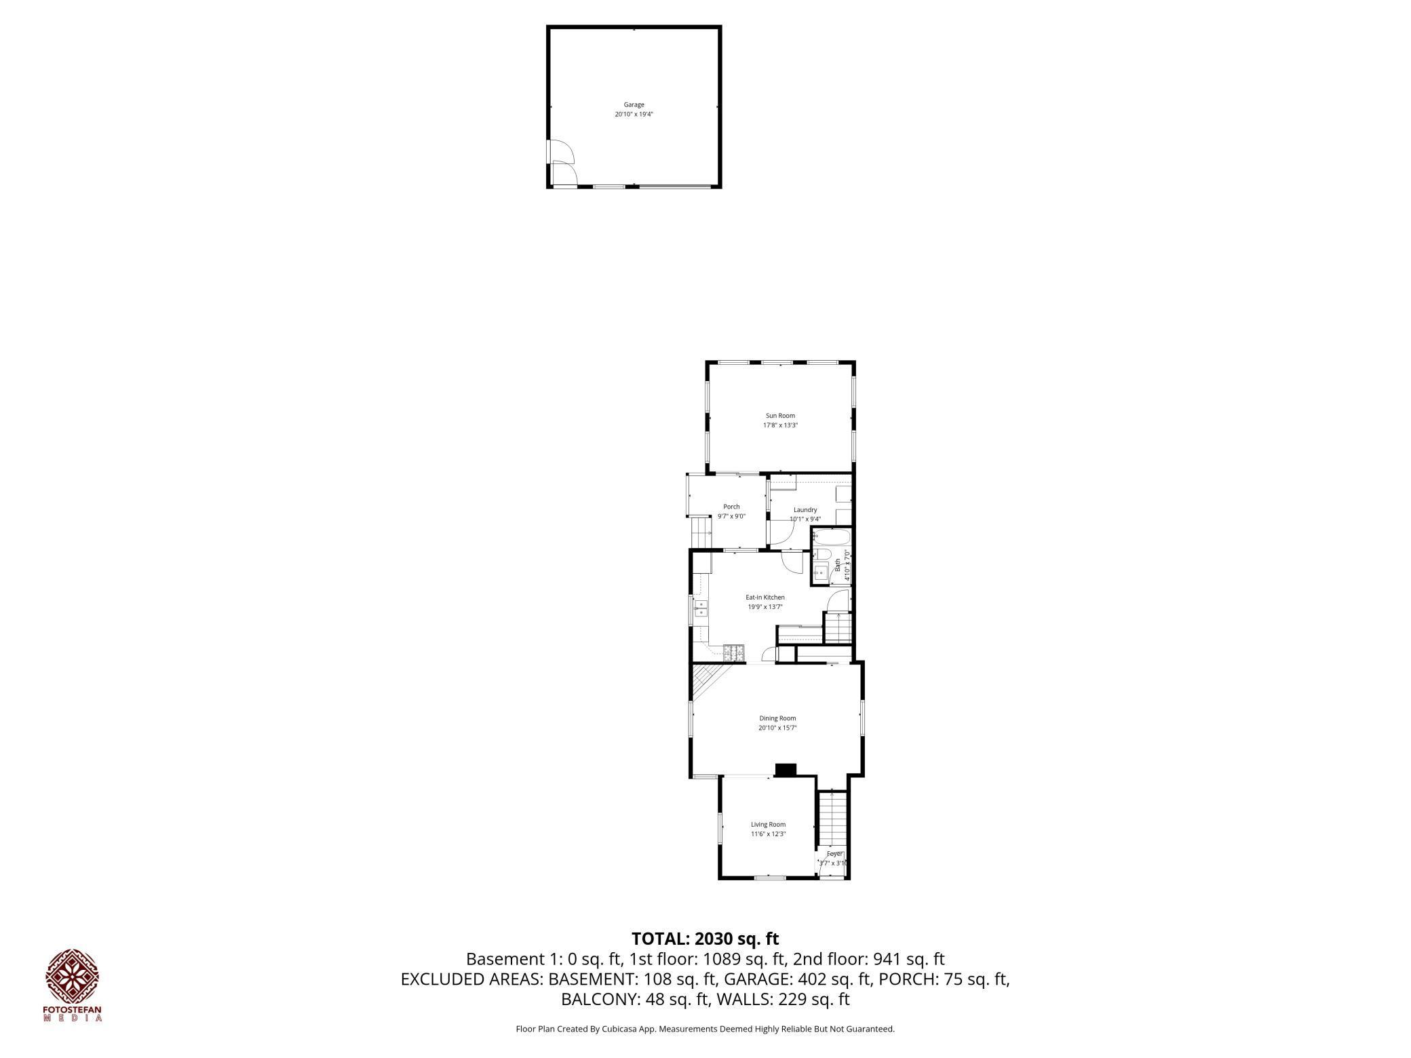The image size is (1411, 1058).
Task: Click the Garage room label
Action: (634, 105)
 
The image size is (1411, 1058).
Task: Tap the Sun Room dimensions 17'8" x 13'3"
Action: (780, 425)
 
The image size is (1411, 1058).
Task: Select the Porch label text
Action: (731, 507)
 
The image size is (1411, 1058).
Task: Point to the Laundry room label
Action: (805, 510)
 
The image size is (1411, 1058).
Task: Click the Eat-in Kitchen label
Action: (765, 597)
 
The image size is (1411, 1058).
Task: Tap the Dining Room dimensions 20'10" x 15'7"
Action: (777, 728)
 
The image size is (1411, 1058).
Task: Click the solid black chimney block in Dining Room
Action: (786, 769)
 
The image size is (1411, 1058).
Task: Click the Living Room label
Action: (768, 825)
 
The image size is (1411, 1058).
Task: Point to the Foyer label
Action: (834, 854)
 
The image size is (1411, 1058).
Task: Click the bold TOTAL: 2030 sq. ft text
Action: (705, 939)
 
